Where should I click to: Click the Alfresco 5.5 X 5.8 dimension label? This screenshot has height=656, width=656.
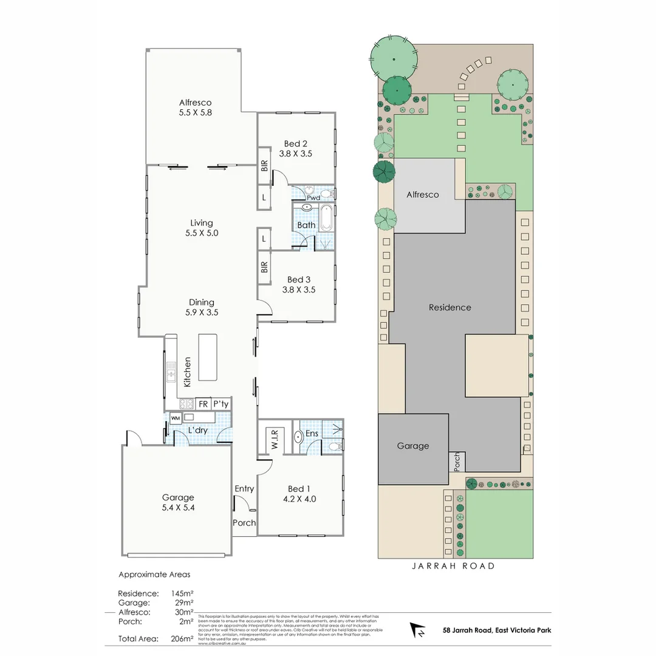[x=195, y=108]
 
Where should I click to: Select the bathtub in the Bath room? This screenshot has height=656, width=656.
[x=326, y=218]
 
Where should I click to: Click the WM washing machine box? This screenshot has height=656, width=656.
[x=175, y=418]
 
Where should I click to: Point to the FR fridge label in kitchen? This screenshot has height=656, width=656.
[x=203, y=404]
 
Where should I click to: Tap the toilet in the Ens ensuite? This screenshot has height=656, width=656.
[x=333, y=446]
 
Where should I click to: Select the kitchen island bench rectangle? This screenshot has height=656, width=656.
[x=208, y=357]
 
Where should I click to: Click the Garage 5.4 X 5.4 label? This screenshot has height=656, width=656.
[x=177, y=502]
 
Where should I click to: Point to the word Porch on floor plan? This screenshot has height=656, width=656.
[x=244, y=522]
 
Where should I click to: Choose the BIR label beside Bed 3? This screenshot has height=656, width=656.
[x=264, y=267]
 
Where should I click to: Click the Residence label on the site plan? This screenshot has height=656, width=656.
[x=449, y=307]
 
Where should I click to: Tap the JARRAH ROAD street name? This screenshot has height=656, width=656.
[x=453, y=566]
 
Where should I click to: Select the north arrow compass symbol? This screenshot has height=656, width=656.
[x=419, y=630]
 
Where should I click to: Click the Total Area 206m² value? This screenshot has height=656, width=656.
[x=182, y=638]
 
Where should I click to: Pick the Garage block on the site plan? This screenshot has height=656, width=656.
[x=413, y=448]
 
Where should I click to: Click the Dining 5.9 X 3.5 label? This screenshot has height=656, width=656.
[x=202, y=307]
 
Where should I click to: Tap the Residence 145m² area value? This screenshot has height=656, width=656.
[x=182, y=593]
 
